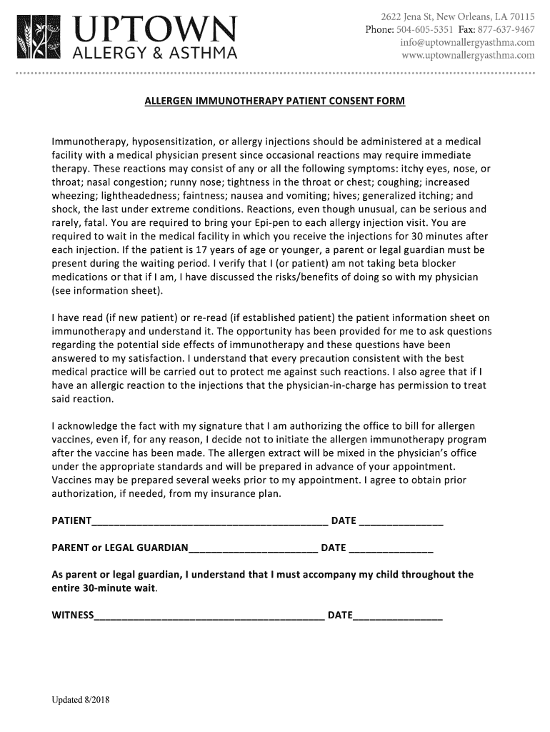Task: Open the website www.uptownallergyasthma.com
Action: click(x=468, y=55)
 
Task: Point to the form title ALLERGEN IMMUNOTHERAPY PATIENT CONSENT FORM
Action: click(x=275, y=102)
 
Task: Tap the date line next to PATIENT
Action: click(x=401, y=521)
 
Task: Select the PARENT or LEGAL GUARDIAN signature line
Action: click(x=253, y=548)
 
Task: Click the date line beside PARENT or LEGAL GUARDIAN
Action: click(x=391, y=548)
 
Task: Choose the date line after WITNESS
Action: click(x=397, y=616)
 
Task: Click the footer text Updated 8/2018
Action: click(x=79, y=700)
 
